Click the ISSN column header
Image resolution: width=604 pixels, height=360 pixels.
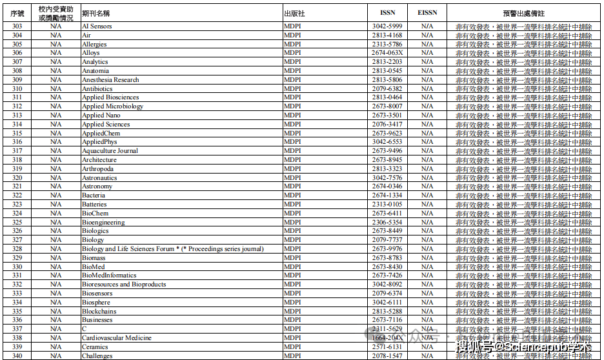[387, 13]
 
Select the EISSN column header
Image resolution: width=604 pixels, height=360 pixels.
[427, 13]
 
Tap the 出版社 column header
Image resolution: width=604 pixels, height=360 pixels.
[294, 13]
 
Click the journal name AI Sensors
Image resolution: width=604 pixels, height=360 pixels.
[97, 26]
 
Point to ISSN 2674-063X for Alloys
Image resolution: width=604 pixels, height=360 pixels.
[387, 53]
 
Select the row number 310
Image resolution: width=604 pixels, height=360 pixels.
[17, 88]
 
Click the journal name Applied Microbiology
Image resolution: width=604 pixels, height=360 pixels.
[112, 106]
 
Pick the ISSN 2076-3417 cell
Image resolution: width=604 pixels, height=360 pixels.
[387, 125]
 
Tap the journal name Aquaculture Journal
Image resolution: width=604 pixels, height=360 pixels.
[110, 151]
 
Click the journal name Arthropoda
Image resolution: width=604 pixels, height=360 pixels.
[97, 169]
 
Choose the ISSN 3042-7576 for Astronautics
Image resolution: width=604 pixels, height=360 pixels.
[387, 177]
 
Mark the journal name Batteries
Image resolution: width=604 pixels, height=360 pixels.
[94, 205]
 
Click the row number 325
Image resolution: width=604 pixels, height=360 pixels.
[17, 222]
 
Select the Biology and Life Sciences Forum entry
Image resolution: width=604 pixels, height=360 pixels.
[172, 249]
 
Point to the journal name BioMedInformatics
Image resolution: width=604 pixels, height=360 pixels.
[109, 275]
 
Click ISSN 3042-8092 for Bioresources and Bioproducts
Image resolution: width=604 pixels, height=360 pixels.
[387, 285]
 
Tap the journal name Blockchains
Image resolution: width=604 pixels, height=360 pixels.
[99, 311]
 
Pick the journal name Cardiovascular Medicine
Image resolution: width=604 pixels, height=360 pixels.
[117, 337]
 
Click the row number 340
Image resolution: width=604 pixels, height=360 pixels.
[17, 355]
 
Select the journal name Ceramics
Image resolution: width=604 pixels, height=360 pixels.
[95, 346]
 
